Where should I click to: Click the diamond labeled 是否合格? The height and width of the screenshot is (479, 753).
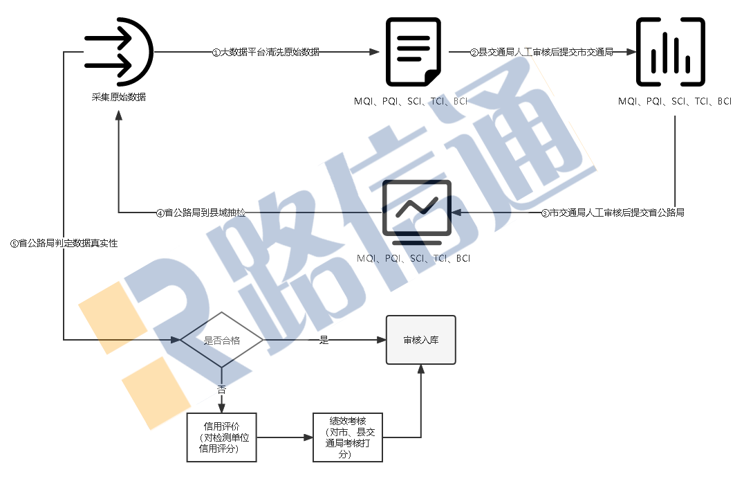(x=221, y=340)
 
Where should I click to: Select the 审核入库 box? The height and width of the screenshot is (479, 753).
(x=420, y=340)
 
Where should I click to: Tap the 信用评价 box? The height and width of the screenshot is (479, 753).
(x=222, y=437)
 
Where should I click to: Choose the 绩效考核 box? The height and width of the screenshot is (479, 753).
(x=347, y=437)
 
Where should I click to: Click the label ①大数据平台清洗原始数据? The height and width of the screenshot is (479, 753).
(x=266, y=52)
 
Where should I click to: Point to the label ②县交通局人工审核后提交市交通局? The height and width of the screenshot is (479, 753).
(x=541, y=52)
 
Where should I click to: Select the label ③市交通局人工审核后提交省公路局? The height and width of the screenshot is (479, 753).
(x=613, y=213)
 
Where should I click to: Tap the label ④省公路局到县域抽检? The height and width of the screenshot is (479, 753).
(x=201, y=213)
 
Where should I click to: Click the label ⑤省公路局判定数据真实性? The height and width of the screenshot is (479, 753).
(x=64, y=243)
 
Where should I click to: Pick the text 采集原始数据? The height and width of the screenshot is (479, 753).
(x=119, y=98)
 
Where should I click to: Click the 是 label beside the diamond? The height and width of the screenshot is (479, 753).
(x=324, y=340)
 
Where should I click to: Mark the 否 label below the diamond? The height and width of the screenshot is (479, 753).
(x=222, y=390)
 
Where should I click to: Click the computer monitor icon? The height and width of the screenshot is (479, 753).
(x=417, y=212)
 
